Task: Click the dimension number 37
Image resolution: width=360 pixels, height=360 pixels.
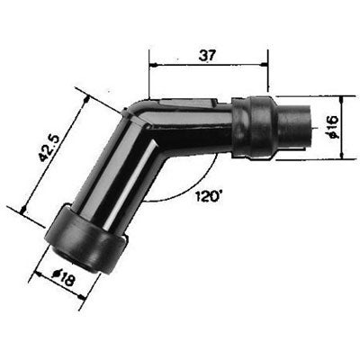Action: pyautogui.click(x=207, y=56)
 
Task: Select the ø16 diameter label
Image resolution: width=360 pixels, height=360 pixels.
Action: pyautogui.click(x=332, y=127)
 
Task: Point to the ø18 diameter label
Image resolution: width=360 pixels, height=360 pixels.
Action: pyautogui.click(x=63, y=278)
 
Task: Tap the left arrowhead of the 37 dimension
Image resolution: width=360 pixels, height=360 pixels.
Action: pyautogui.click(x=154, y=65)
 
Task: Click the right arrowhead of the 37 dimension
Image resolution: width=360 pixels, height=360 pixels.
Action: pyautogui.click(x=265, y=65)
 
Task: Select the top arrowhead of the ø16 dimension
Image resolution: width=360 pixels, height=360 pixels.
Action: pyautogui.click(x=342, y=101)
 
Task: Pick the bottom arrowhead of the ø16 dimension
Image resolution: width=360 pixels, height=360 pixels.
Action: pyautogui.click(x=342, y=155)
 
